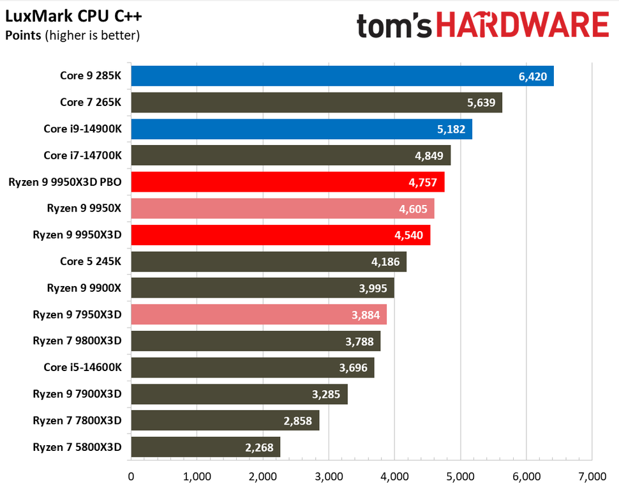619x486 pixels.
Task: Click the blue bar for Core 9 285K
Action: pyautogui.click(x=341, y=76)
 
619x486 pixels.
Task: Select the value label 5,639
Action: pyautogui.click(x=481, y=102)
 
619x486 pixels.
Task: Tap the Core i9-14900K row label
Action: pyautogui.click(x=82, y=129)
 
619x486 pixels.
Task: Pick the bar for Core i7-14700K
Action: pyautogui.click(x=290, y=155)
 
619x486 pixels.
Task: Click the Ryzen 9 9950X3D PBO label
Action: pyautogui.click(x=65, y=182)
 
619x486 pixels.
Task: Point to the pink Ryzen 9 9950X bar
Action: pyautogui.click(x=282, y=208)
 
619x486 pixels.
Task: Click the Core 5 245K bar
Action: pyautogui.click(x=268, y=261)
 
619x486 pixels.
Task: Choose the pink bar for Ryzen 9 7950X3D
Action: pyautogui.click(x=258, y=314)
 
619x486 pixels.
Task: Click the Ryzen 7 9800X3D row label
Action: pyautogui.click(x=77, y=341)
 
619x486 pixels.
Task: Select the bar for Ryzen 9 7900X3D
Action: pyautogui.click(x=239, y=394)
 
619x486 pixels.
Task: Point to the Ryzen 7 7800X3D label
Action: pyautogui.click(x=77, y=420)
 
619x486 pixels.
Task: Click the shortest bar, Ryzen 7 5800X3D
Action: pyautogui.click(x=205, y=447)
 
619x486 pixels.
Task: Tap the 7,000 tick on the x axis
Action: pyautogui.click(x=592, y=475)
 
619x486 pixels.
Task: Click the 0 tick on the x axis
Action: pyautogui.click(x=131, y=475)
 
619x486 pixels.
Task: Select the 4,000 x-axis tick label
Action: pyautogui.click(x=394, y=475)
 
